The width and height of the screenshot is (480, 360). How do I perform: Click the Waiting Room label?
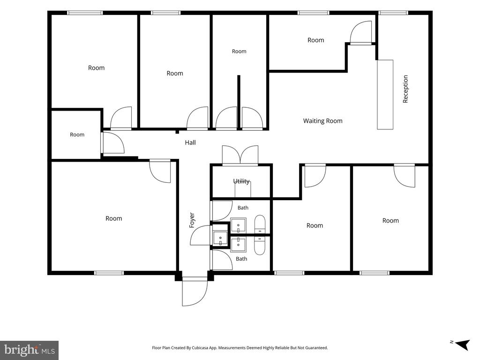(322, 121)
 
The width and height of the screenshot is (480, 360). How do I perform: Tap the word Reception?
(405, 89)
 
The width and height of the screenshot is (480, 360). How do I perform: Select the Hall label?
(190, 142)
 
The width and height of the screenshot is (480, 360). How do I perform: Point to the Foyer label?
(192, 220)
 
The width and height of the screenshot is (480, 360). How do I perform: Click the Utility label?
(241, 181)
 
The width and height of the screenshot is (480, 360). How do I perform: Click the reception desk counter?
(385, 95)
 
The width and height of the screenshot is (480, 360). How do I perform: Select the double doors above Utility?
(240, 155)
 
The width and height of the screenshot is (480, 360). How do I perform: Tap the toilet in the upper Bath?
(260, 225)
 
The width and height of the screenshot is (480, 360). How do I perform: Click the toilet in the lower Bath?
(260, 246)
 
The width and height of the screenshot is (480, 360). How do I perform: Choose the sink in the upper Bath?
(238, 225)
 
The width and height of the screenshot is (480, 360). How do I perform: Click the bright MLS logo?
(30, 350)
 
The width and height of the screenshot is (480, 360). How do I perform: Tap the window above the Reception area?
(393, 13)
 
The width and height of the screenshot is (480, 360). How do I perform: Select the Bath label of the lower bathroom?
(241, 259)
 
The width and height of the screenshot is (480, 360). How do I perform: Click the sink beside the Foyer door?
(220, 238)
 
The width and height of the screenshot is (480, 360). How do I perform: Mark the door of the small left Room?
(112, 142)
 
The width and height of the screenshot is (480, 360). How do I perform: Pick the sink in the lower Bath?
(238, 244)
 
